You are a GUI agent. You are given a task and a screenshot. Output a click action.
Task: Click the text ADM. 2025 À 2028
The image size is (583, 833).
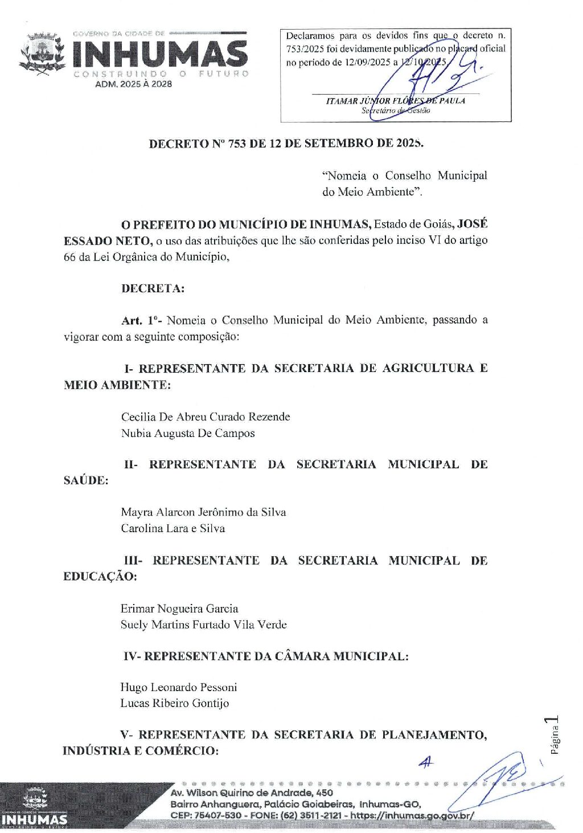pos(133,84)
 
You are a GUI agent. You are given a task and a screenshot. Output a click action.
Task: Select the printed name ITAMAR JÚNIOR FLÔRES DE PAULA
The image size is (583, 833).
pos(395,101)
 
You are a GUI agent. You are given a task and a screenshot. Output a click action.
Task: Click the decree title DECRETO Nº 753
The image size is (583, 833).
pos(286,144)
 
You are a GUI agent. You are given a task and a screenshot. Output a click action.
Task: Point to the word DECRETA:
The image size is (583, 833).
pos(153,288)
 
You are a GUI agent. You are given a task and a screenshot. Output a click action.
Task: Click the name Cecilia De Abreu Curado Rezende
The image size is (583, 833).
pos(206,417)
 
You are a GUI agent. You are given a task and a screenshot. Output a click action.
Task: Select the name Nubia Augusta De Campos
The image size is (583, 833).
pos(188,434)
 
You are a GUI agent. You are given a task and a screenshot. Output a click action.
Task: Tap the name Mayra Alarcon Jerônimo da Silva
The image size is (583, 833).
pos(203,512)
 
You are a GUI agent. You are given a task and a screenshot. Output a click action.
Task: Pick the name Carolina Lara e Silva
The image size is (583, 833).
pos(173,529)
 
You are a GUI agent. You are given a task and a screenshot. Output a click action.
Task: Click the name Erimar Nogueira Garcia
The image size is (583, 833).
pos(179,609)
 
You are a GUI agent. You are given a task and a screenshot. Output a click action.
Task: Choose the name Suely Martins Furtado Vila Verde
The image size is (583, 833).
pos(203,625)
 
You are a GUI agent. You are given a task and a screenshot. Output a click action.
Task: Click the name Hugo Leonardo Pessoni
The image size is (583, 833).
pos(178,688)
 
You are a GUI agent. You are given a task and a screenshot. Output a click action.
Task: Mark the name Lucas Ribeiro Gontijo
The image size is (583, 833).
pos(174,704)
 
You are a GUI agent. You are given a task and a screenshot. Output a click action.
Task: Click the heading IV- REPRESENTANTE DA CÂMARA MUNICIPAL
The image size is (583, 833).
pos(266,656)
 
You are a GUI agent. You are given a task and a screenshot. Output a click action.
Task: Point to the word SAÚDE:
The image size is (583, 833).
pos(86,481)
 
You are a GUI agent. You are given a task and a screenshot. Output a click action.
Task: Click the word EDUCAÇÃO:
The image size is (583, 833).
pos(100,577)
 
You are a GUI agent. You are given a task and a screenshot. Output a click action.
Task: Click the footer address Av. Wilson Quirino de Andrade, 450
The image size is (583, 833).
pos(252,793)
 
